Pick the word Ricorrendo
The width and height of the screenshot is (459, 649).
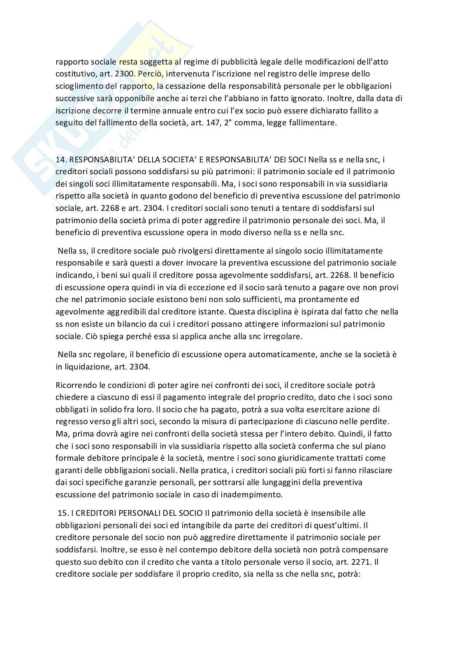click(x=75, y=385)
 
